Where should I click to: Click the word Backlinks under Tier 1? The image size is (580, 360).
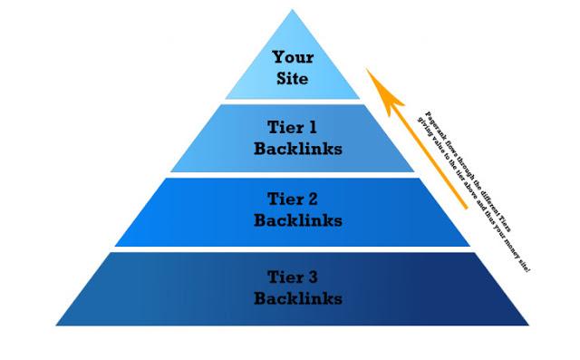click(298, 149)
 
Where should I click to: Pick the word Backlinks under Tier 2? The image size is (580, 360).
click(298, 219)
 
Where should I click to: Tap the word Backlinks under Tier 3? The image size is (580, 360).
click(298, 297)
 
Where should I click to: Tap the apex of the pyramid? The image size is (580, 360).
click(292, 10)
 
